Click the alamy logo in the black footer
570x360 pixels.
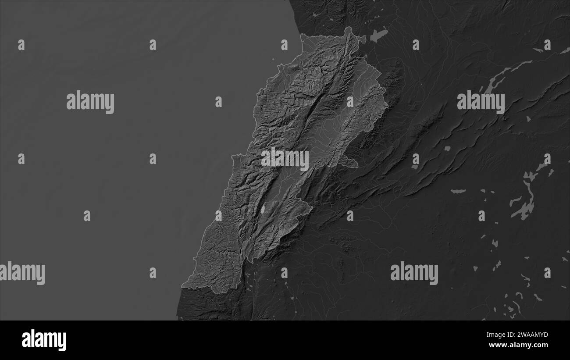click(x=44, y=340)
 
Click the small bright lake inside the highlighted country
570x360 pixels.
click(x=263, y=210)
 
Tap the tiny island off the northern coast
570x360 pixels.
click(x=273, y=60)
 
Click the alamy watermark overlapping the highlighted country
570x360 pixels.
click(x=285, y=159)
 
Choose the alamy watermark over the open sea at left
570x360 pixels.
click(x=90, y=102)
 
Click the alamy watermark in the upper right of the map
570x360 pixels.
click(x=481, y=102)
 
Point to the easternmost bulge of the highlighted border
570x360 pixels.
click(x=386, y=105)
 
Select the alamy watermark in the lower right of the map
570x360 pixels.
click(x=414, y=273)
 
